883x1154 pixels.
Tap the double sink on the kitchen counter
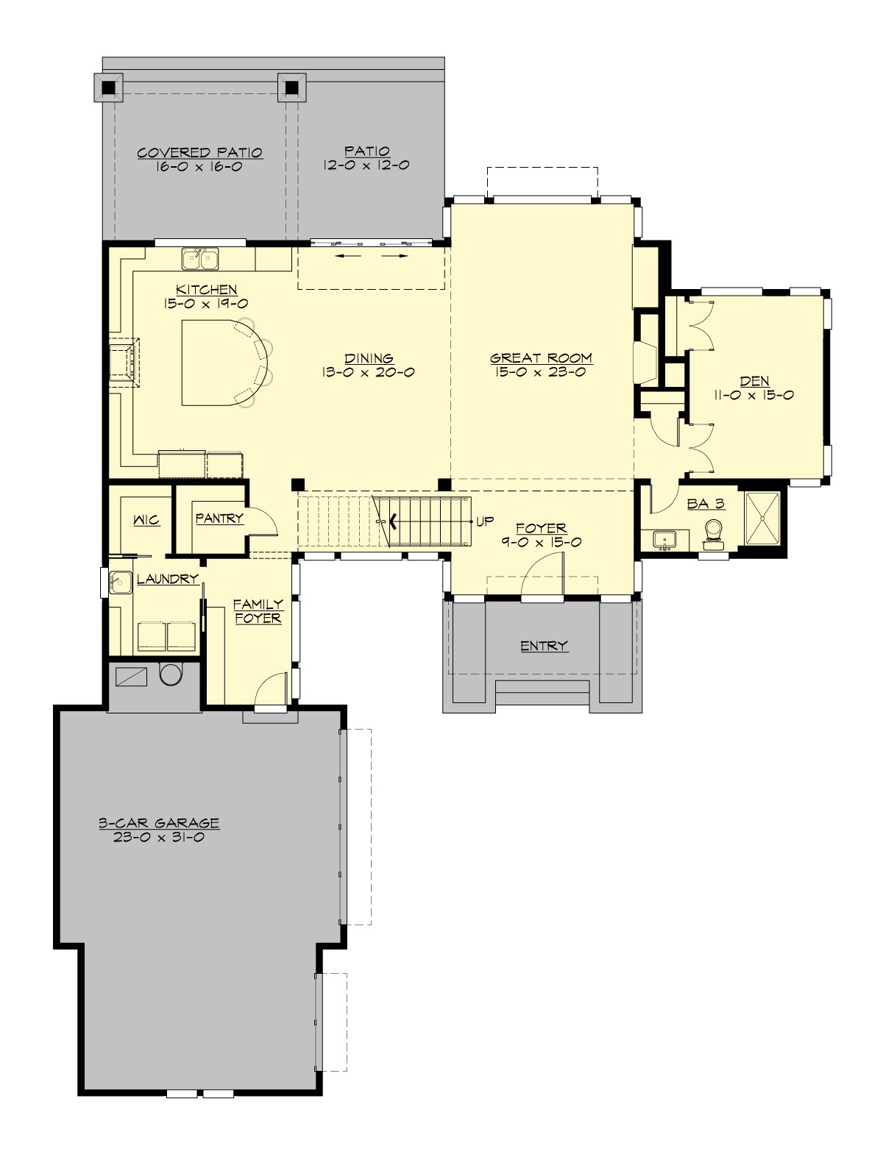pos(200,259)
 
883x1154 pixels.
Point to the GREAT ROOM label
pos(541,358)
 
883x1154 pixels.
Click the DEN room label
pos(755,381)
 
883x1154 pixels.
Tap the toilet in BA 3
pos(713,534)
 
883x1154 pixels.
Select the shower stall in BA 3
pos(762,519)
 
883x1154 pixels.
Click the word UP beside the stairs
pos(484,521)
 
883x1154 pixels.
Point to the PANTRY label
pos(219,519)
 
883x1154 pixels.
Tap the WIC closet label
pos(146,520)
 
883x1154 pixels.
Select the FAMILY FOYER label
pos(258,611)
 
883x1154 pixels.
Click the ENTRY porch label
pos(544,646)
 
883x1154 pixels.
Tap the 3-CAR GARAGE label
pos(160,823)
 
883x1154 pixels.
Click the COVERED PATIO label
pos(200,153)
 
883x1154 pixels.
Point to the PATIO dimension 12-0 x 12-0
pos(366,165)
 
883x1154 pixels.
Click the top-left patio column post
pos(109,88)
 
